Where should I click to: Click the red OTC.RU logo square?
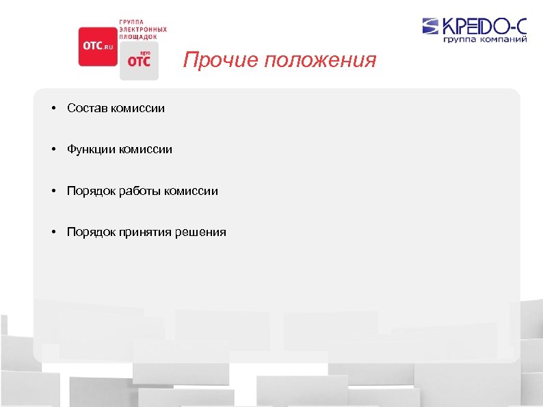pyautogui.click(x=98, y=46)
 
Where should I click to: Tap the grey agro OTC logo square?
pyautogui.click(x=139, y=62)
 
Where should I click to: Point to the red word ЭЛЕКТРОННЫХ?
pyautogui.click(x=143, y=29)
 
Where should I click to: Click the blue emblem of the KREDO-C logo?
pyautogui.click(x=432, y=27)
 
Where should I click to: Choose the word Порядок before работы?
pyautogui.click(x=91, y=191)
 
